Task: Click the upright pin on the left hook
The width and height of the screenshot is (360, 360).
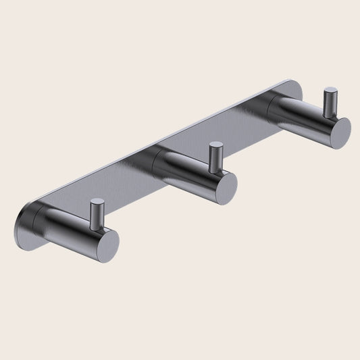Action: point(97,214)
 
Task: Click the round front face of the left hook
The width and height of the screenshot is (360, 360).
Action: point(103,244)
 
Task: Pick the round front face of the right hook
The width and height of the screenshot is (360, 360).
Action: point(336,130)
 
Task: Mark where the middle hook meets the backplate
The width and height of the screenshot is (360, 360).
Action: point(161,161)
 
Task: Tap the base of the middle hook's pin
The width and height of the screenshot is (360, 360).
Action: point(216,169)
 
